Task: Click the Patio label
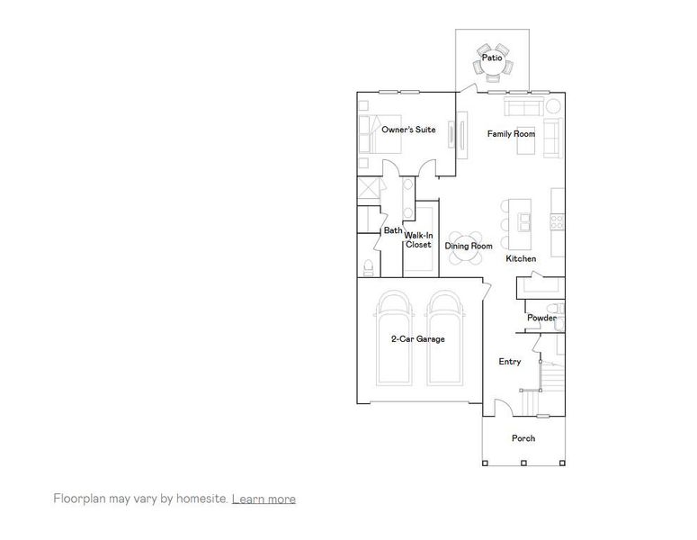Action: (491, 58)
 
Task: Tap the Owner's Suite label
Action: (408, 130)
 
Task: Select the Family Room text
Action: (511, 134)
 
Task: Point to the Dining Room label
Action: (469, 246)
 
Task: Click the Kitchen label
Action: (521, 259)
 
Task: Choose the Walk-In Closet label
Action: (418, 240)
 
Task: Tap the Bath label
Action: (393, 230)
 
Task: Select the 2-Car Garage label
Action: (417, 339)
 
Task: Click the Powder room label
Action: (541, 318)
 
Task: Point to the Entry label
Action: (510, 362)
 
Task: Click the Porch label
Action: (523, 438)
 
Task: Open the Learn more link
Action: (264, 499)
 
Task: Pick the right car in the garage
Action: (447, 346)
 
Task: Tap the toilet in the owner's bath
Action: (368, 267)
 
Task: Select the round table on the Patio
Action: (492, 59)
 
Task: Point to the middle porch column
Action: (523, 463)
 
